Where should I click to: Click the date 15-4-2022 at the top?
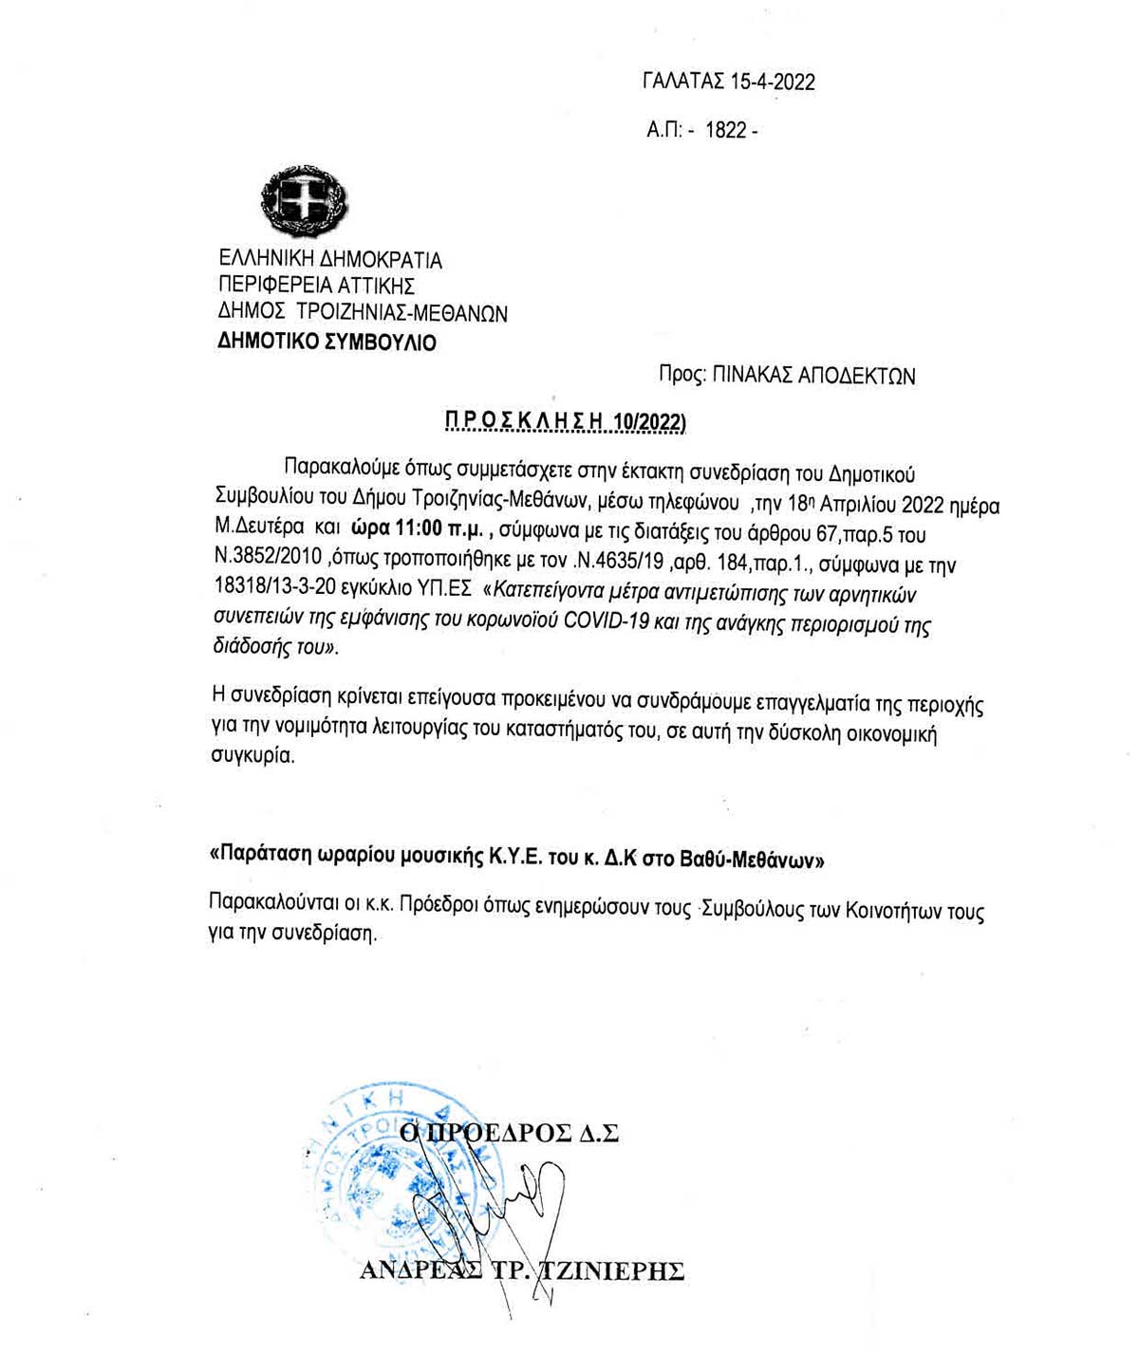[772, 82]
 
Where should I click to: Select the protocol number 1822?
[726, 131]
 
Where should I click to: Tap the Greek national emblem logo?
[305, 201]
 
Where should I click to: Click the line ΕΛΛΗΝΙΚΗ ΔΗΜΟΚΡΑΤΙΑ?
[330, 259]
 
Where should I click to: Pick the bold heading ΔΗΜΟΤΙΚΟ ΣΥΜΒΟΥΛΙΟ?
[327, 342]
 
